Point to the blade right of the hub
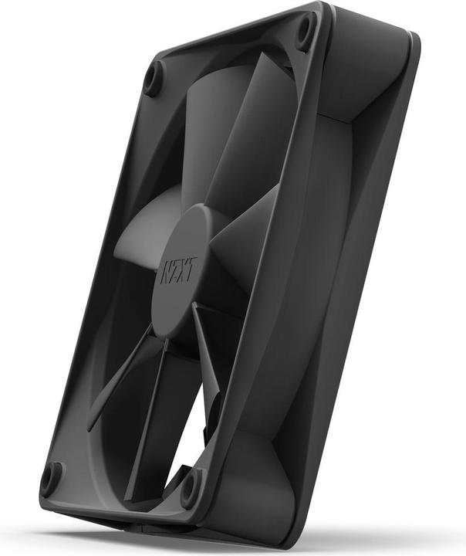coord(243,232)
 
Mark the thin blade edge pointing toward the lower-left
coord(116,386)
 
